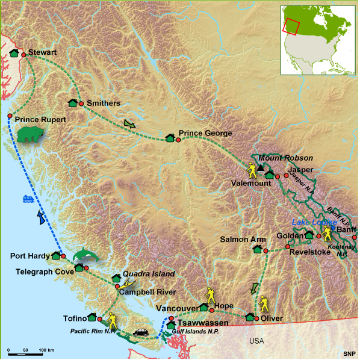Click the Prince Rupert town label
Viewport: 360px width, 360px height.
(40, 120)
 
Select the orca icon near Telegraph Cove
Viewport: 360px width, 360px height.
(86, 255)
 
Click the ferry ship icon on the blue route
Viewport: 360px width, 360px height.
(28, 198)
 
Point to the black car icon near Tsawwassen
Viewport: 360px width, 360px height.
(141, 332)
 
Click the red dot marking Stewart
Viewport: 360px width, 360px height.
(24, 55)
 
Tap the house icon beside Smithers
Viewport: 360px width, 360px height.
(73, 103)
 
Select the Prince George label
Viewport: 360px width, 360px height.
(205, 133)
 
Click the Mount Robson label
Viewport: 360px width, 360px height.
(279, 157)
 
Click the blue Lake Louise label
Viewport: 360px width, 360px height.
(315, 222)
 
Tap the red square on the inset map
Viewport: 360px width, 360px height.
(292, 27)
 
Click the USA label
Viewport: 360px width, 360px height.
(256, 341)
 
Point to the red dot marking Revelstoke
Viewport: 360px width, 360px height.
(288, 247)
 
